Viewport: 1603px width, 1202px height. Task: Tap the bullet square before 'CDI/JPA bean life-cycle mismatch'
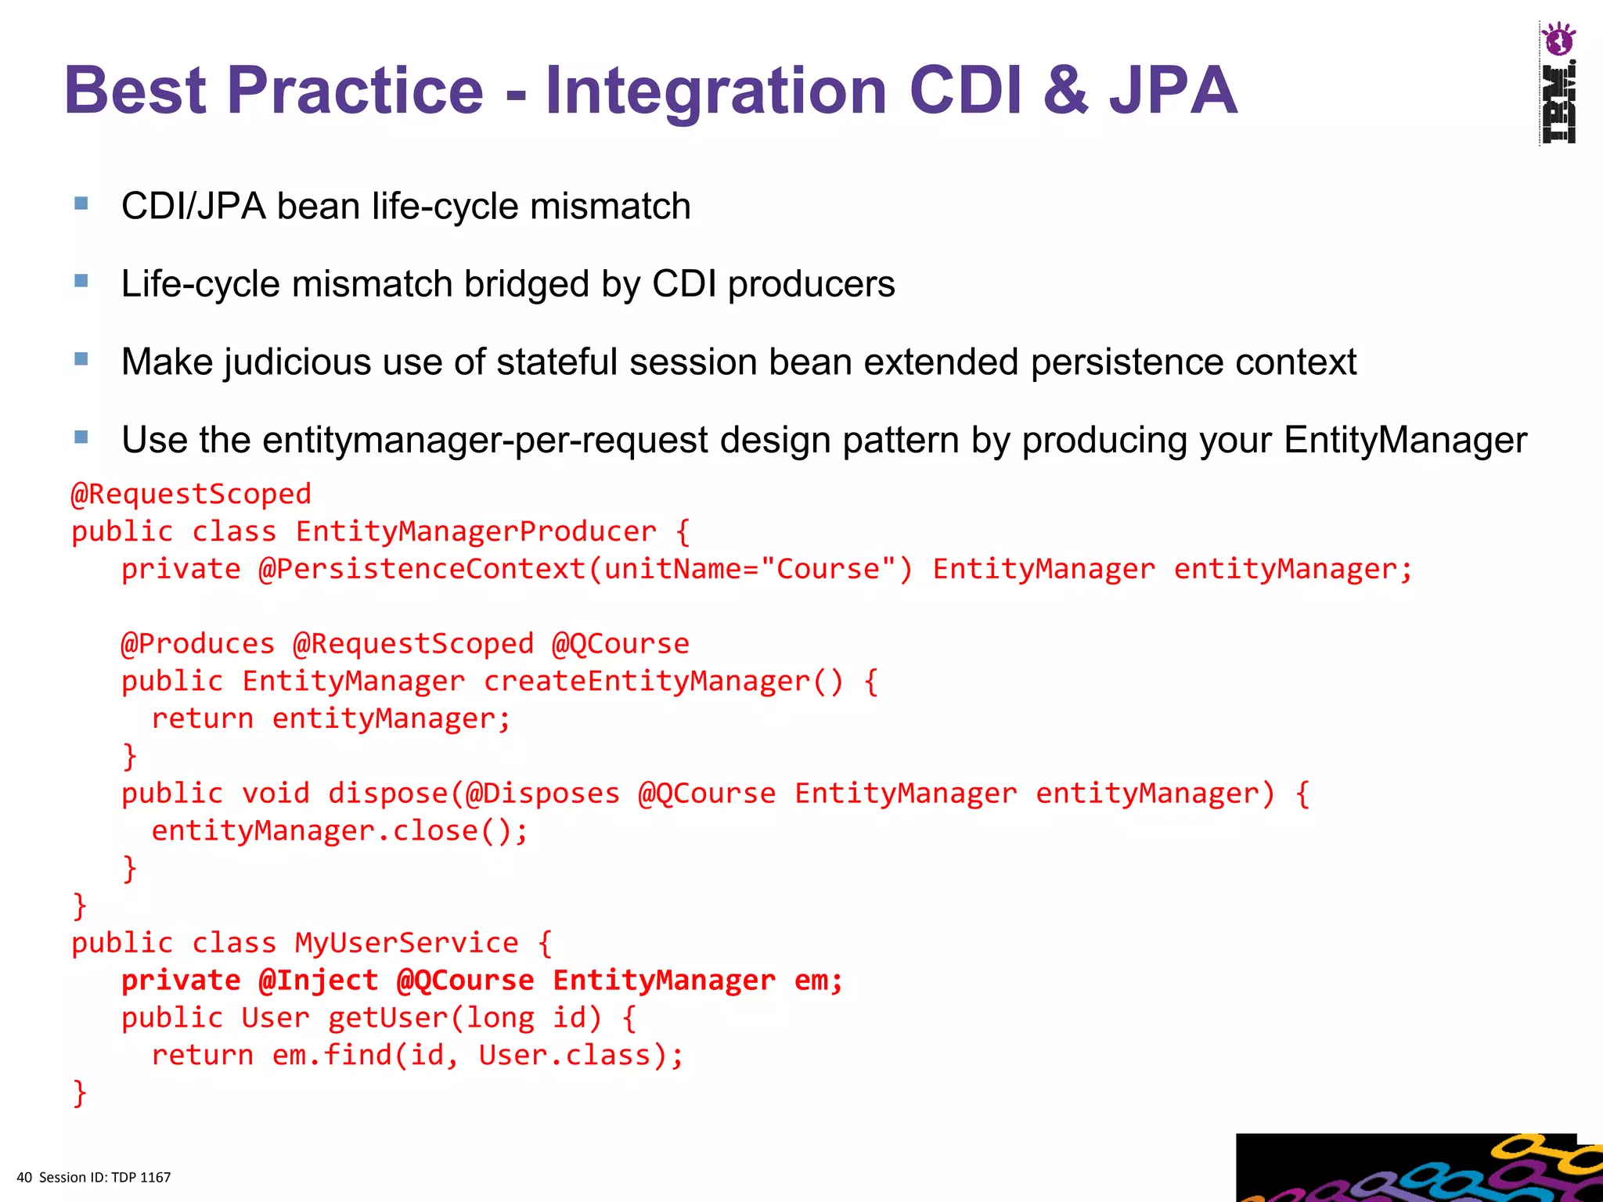coord(81,203)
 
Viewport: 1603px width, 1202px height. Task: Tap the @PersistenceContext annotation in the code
coord(423,569)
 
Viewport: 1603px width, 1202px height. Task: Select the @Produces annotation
coord(198,644)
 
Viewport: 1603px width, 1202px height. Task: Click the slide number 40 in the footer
coord(24,1178)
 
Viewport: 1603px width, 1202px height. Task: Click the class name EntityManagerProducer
coord(476,532)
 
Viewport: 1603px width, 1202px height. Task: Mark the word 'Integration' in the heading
coord(716,91)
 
